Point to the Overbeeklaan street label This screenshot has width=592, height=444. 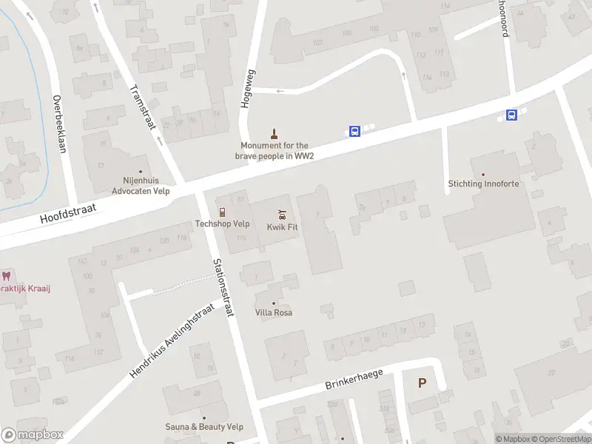[60, 124]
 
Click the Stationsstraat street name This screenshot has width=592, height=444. [223, 287]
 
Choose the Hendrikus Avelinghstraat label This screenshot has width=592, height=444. [172, 340]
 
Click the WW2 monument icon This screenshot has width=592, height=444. [275, 134]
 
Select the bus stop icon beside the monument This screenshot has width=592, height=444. [355, 132]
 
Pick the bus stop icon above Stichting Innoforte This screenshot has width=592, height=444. [511, 115]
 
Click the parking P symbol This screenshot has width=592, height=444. [423, 383]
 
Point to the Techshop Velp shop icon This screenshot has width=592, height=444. [221, 212]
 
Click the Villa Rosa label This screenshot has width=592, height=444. [274, 312]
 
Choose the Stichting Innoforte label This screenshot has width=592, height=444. [483, 184]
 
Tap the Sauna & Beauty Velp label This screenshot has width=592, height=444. [204, 427]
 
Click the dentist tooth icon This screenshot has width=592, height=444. [7, 275]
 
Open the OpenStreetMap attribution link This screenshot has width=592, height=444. [559, 439]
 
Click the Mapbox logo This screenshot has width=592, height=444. [32, 435]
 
